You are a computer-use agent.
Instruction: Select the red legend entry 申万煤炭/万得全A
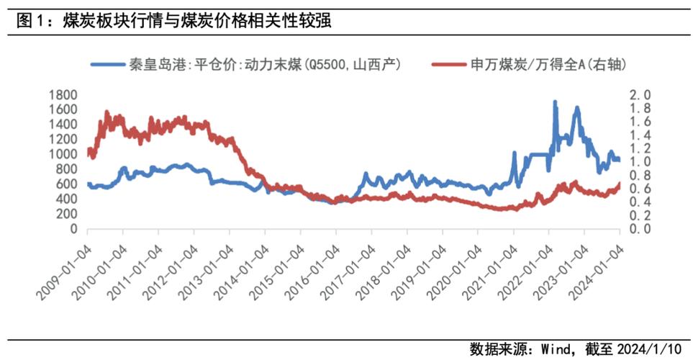(x=533, y=65)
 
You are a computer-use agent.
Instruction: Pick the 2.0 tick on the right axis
(x=641, y=95)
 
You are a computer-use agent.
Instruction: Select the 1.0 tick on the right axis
(x=641, y=162)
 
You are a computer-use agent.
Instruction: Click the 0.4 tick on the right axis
(x=641, y=202)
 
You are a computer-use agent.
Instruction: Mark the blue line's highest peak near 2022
(x=554, y=102)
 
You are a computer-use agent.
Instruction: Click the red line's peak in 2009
(x=107, y=112)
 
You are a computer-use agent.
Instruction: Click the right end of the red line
(x=619, y=184)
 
